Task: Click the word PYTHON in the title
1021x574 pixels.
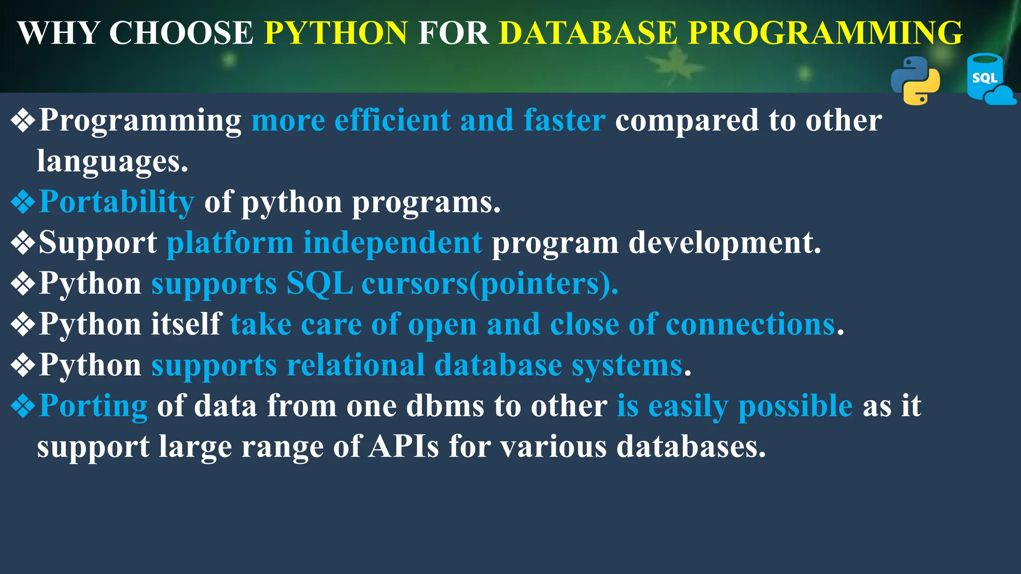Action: click(336, 33)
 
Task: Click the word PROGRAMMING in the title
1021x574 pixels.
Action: click(825, 33)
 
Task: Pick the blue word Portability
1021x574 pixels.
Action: click(117, 202)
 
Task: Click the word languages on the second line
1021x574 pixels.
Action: click(112, 161)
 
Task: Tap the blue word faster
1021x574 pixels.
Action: click(564, 120)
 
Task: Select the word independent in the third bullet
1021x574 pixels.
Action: click(393, 243)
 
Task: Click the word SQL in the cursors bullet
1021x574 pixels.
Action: click(320, 284)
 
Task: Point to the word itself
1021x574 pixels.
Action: click(186, 324)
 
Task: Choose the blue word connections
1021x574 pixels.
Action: click(750, 324)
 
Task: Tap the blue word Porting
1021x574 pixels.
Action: click(93, 406)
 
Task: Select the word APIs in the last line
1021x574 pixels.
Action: click(404, 446)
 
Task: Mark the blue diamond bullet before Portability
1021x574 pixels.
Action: click(23, 202)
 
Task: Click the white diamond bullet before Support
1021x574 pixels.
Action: click(23, 243)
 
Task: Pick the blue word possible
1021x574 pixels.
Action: click(795, 406)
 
